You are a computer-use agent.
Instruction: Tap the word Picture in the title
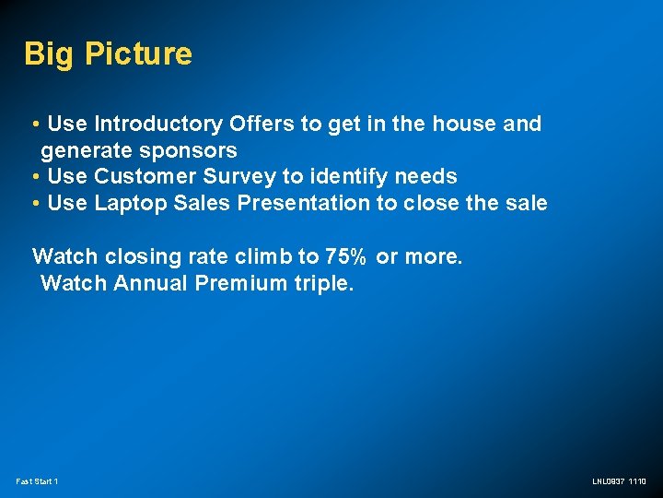(138, 53)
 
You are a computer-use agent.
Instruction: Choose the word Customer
(146, 176)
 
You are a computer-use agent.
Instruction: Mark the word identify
(353, 176)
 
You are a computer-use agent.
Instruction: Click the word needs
(426, 176)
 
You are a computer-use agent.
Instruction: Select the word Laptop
(131, 203)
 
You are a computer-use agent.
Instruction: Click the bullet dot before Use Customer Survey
(34, 176)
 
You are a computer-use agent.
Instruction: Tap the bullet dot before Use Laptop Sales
(34, 203)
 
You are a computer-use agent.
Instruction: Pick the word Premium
(241, 283)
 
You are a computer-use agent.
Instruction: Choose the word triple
(323, 283)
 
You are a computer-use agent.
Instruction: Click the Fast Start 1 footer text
(37, 481)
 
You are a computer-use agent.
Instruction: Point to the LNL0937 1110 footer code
(620, 481)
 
